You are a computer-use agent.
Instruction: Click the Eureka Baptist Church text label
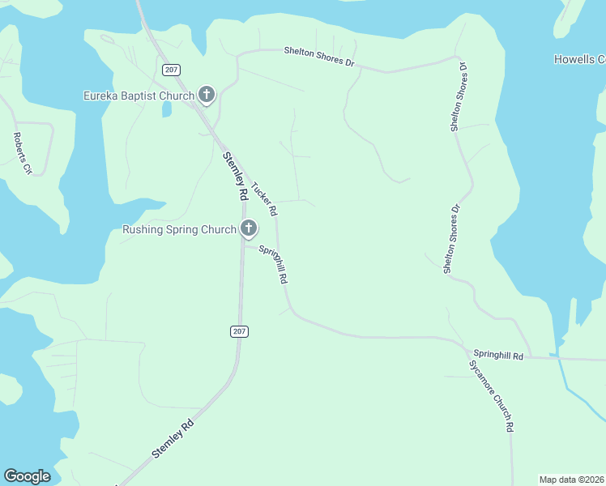click(139, 96)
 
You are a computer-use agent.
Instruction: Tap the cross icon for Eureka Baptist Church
click(207, 96)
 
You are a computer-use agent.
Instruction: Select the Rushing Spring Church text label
click(179, 229)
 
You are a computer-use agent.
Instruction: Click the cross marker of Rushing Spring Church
click(248, 229)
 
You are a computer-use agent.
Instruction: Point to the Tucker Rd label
click(265, 198)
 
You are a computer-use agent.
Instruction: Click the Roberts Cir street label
click(22, 154)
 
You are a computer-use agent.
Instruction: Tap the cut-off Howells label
click(579, 59)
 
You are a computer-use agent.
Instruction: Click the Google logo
click(27, 476)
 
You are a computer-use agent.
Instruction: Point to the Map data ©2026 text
click(571, 480)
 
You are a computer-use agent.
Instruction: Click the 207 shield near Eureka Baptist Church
click(170, 70)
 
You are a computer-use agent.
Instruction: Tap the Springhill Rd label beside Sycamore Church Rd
click(498, 355)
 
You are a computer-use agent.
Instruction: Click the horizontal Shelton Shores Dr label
click(319, 56)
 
